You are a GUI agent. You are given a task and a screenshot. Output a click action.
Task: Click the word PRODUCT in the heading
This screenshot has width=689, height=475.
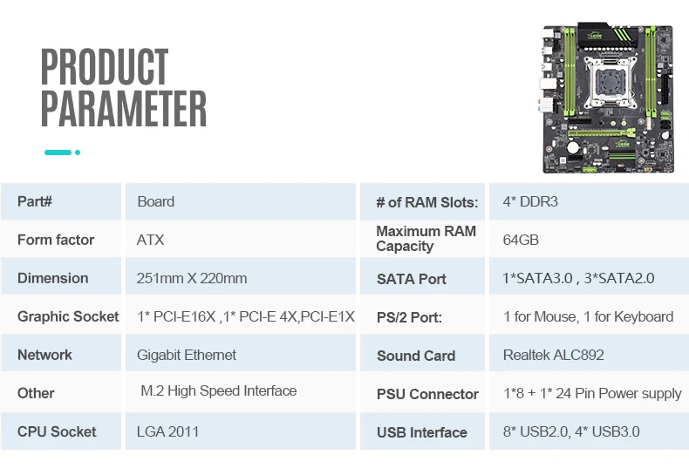pos(105,66)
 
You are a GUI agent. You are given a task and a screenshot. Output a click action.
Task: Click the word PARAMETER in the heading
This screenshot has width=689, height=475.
pos(124,108)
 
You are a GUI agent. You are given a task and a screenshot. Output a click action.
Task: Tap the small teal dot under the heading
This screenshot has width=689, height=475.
pos(78,153)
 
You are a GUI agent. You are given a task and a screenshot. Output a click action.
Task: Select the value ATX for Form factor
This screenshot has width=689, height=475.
pos(150,241)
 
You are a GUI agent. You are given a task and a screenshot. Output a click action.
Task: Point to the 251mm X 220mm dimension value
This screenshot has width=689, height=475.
pos(192,278)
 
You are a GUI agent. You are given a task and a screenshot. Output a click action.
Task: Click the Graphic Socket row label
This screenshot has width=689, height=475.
pos(68,316)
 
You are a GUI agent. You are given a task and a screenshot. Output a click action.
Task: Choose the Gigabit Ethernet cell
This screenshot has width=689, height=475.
pos(187,355)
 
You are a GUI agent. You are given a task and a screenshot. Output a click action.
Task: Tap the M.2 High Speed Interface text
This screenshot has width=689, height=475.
pos(218,390)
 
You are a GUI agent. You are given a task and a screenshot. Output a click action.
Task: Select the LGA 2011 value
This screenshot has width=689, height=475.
pos(167,431)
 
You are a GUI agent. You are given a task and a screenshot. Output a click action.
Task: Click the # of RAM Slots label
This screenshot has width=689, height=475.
pos(427,202)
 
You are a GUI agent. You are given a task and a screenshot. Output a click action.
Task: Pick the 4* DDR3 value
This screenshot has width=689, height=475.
pos(530,201)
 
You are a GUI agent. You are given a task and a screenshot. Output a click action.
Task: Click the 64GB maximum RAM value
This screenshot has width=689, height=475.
pos(521,241)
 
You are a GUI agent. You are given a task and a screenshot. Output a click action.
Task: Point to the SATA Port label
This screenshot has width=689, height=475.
pos(412,279)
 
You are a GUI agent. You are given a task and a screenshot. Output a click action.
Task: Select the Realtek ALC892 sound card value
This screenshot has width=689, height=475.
pos(554,355)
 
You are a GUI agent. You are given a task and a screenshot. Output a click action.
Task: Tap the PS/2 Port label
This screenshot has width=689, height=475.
pos(409,317)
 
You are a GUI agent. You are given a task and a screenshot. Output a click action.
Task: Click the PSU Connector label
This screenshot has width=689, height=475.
pos(427,394)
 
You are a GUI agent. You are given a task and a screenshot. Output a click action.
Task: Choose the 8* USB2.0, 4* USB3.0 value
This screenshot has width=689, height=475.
pos(571,431)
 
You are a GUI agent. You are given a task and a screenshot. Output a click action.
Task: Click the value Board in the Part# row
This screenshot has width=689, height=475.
pos(155,201)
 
